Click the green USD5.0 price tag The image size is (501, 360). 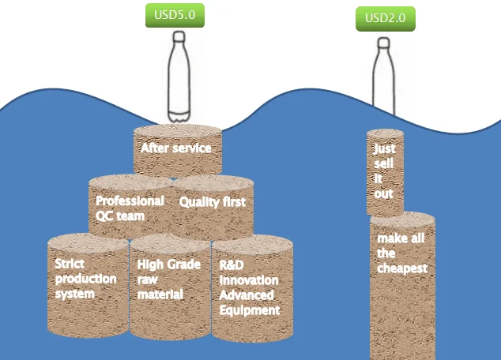[175, 14]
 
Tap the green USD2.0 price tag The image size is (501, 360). [385, 18]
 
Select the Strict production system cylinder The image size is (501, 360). [87, 288]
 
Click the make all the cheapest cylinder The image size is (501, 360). [402, 284]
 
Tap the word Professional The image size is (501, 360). [130, 201]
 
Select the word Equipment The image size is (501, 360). [249, 310]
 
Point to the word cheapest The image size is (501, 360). [402, 268]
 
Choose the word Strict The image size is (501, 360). [70, 264]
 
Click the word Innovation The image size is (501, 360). [249, 280]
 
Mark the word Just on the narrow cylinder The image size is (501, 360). [385, 148]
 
